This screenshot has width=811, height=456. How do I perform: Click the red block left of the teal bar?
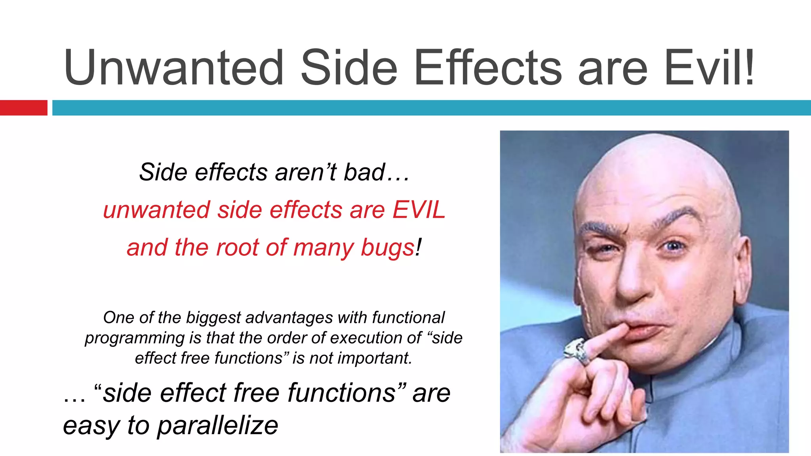point(23,108)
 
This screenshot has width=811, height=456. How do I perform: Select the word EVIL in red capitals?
point(419,209)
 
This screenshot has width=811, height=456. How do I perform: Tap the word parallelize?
point(217,426)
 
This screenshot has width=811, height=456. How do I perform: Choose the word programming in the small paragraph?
point(135,338)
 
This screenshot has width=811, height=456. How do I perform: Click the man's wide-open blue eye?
point(674,246)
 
